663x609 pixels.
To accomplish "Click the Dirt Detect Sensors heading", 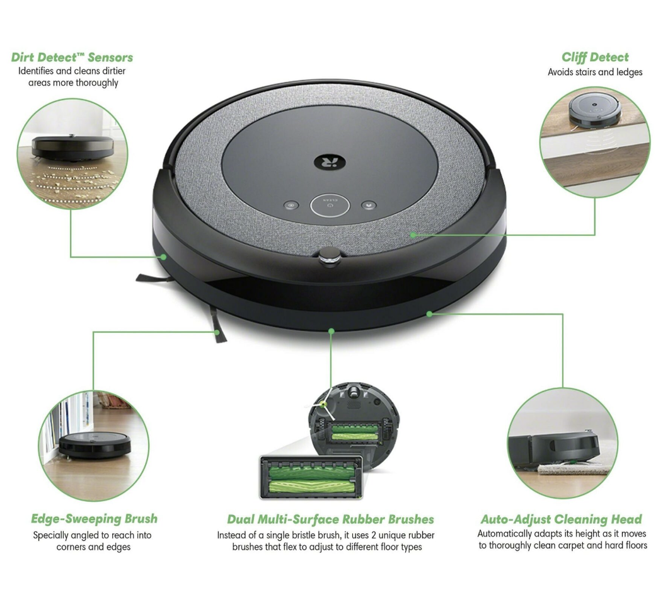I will coord(72,57).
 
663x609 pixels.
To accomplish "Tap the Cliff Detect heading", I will coord(595,57).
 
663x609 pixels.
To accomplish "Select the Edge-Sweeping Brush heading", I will coord(94,519).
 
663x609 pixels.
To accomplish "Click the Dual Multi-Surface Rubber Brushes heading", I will coord(330,519).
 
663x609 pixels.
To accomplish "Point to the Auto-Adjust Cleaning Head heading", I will coord(561,519).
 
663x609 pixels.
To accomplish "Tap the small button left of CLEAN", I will coord(291,206).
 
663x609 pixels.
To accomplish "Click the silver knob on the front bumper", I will coord(328,255).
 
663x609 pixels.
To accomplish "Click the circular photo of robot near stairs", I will coord(595,142).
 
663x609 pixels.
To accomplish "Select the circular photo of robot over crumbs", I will coord(72,154).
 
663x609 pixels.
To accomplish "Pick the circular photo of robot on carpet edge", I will coord(562,443).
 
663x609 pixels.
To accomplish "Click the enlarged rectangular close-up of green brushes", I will coord(312,477).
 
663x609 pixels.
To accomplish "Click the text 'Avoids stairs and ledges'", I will coord(595,72).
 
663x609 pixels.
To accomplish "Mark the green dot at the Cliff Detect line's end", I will coord(413,235).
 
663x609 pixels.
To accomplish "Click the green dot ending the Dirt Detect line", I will coord(163,257).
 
